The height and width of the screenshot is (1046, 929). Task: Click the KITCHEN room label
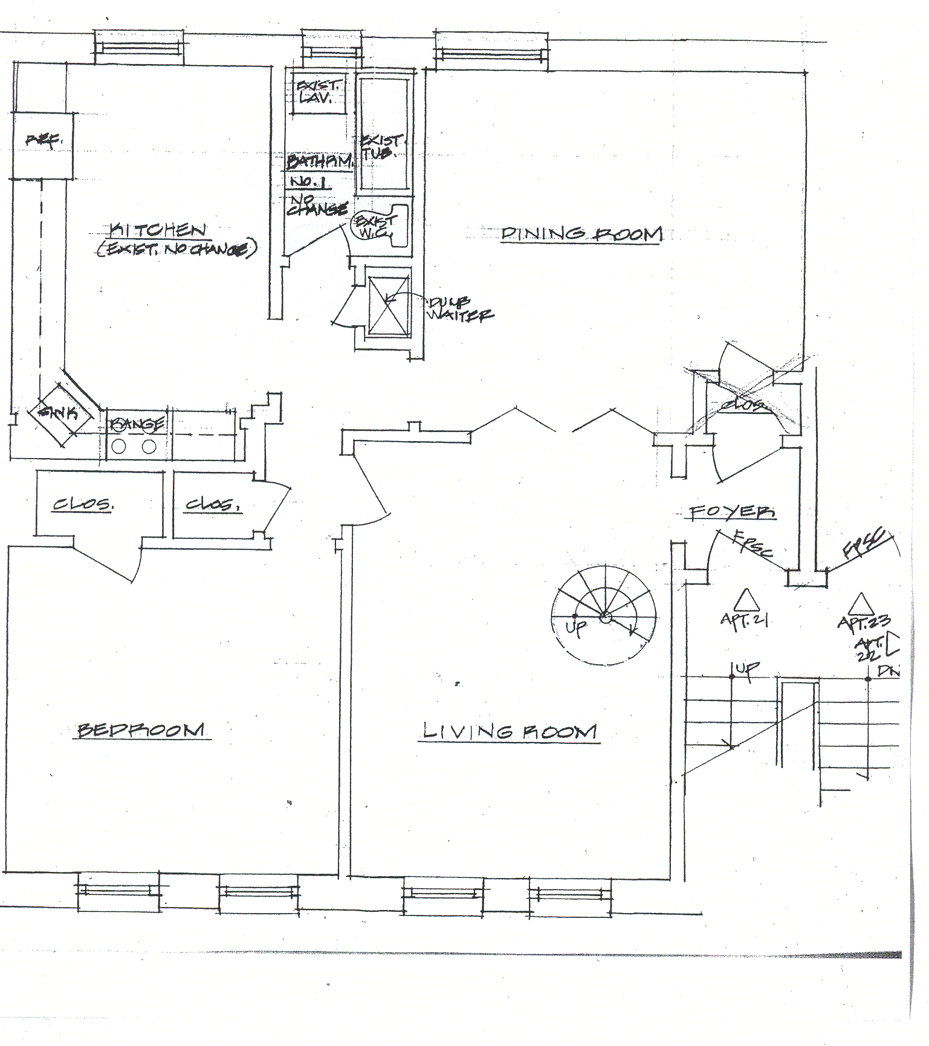[x=158, y=230]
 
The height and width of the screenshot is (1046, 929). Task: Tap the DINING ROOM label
[x=581, y=234]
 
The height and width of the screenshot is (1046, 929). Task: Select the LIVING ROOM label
[x=509, y=732]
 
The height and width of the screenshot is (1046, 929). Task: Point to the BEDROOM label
[x=141, y=730]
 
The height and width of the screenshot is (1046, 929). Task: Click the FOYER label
[x=733, y=512]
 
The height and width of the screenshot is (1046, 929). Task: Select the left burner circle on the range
[x=119, y=447]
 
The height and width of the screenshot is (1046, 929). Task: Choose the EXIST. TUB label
[x=380, y=147]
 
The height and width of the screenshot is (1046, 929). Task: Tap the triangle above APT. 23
[x=859, y=604]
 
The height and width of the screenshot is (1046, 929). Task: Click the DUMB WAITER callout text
[x=459, y=309]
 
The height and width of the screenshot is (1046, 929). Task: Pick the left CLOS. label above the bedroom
[x=82, y=505]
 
